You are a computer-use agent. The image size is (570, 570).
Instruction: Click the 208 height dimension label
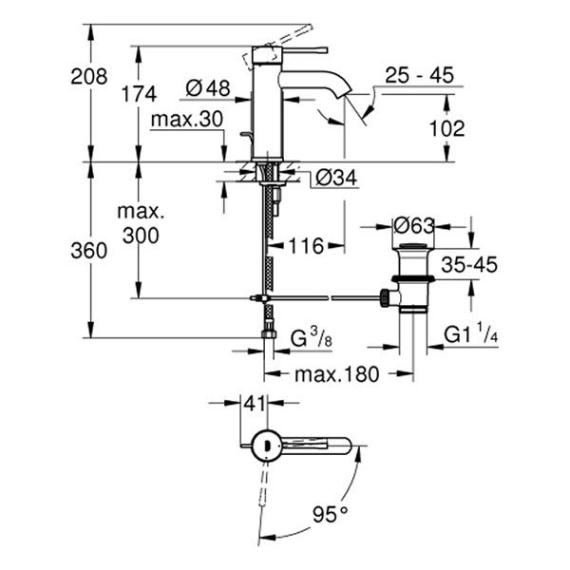(89, 77)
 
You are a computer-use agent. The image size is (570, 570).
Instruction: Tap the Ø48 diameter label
(208, 87)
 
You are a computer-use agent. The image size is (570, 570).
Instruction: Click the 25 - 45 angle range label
(419, 75)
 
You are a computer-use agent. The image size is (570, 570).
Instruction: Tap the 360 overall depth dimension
(89, 249)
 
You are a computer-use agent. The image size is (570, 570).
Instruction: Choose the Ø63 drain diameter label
(414, 225)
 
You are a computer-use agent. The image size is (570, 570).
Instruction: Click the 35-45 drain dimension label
(467, 263)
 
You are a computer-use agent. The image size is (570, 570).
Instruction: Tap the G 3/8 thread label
(310, 336)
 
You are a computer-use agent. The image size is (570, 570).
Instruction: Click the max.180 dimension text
(335, 374)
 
